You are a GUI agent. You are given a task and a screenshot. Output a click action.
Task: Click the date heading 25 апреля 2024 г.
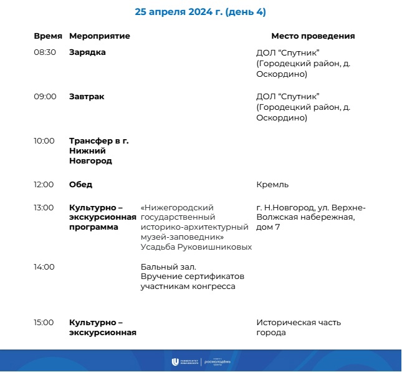tap(200, 12)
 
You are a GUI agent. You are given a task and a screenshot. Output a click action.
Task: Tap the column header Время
tap(48, 36)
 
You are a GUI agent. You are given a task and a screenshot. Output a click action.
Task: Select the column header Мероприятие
tap(100, 36)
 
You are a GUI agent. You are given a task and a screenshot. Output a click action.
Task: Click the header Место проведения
tap(313, 36)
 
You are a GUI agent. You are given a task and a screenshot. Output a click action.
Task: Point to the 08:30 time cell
tap(45, 52)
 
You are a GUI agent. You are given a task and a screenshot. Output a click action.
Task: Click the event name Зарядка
tap(87, 52)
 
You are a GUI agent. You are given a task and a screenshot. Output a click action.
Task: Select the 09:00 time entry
tap(45, 97)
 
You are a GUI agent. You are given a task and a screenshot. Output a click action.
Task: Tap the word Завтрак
tap(87, 97)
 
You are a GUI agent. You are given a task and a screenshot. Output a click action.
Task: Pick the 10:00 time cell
tap(45, 141)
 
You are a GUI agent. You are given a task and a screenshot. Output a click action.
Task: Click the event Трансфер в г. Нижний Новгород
tap(98, 151)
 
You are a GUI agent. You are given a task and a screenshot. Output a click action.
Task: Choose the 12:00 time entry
tap(45, 185)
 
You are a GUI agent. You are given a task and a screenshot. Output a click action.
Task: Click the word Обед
tap(80, 185)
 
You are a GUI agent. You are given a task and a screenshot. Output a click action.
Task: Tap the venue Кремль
tap(272, 185)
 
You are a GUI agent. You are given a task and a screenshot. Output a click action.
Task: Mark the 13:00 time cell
tap(45, 207)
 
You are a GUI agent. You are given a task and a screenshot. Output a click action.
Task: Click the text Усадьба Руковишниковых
tap(196, 247)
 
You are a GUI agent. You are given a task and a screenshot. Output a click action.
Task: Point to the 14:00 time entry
tap(45, 267)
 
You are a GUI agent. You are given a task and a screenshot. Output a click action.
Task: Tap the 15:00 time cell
tap(45, 323)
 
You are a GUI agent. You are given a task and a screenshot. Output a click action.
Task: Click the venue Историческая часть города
tap(298, 328)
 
